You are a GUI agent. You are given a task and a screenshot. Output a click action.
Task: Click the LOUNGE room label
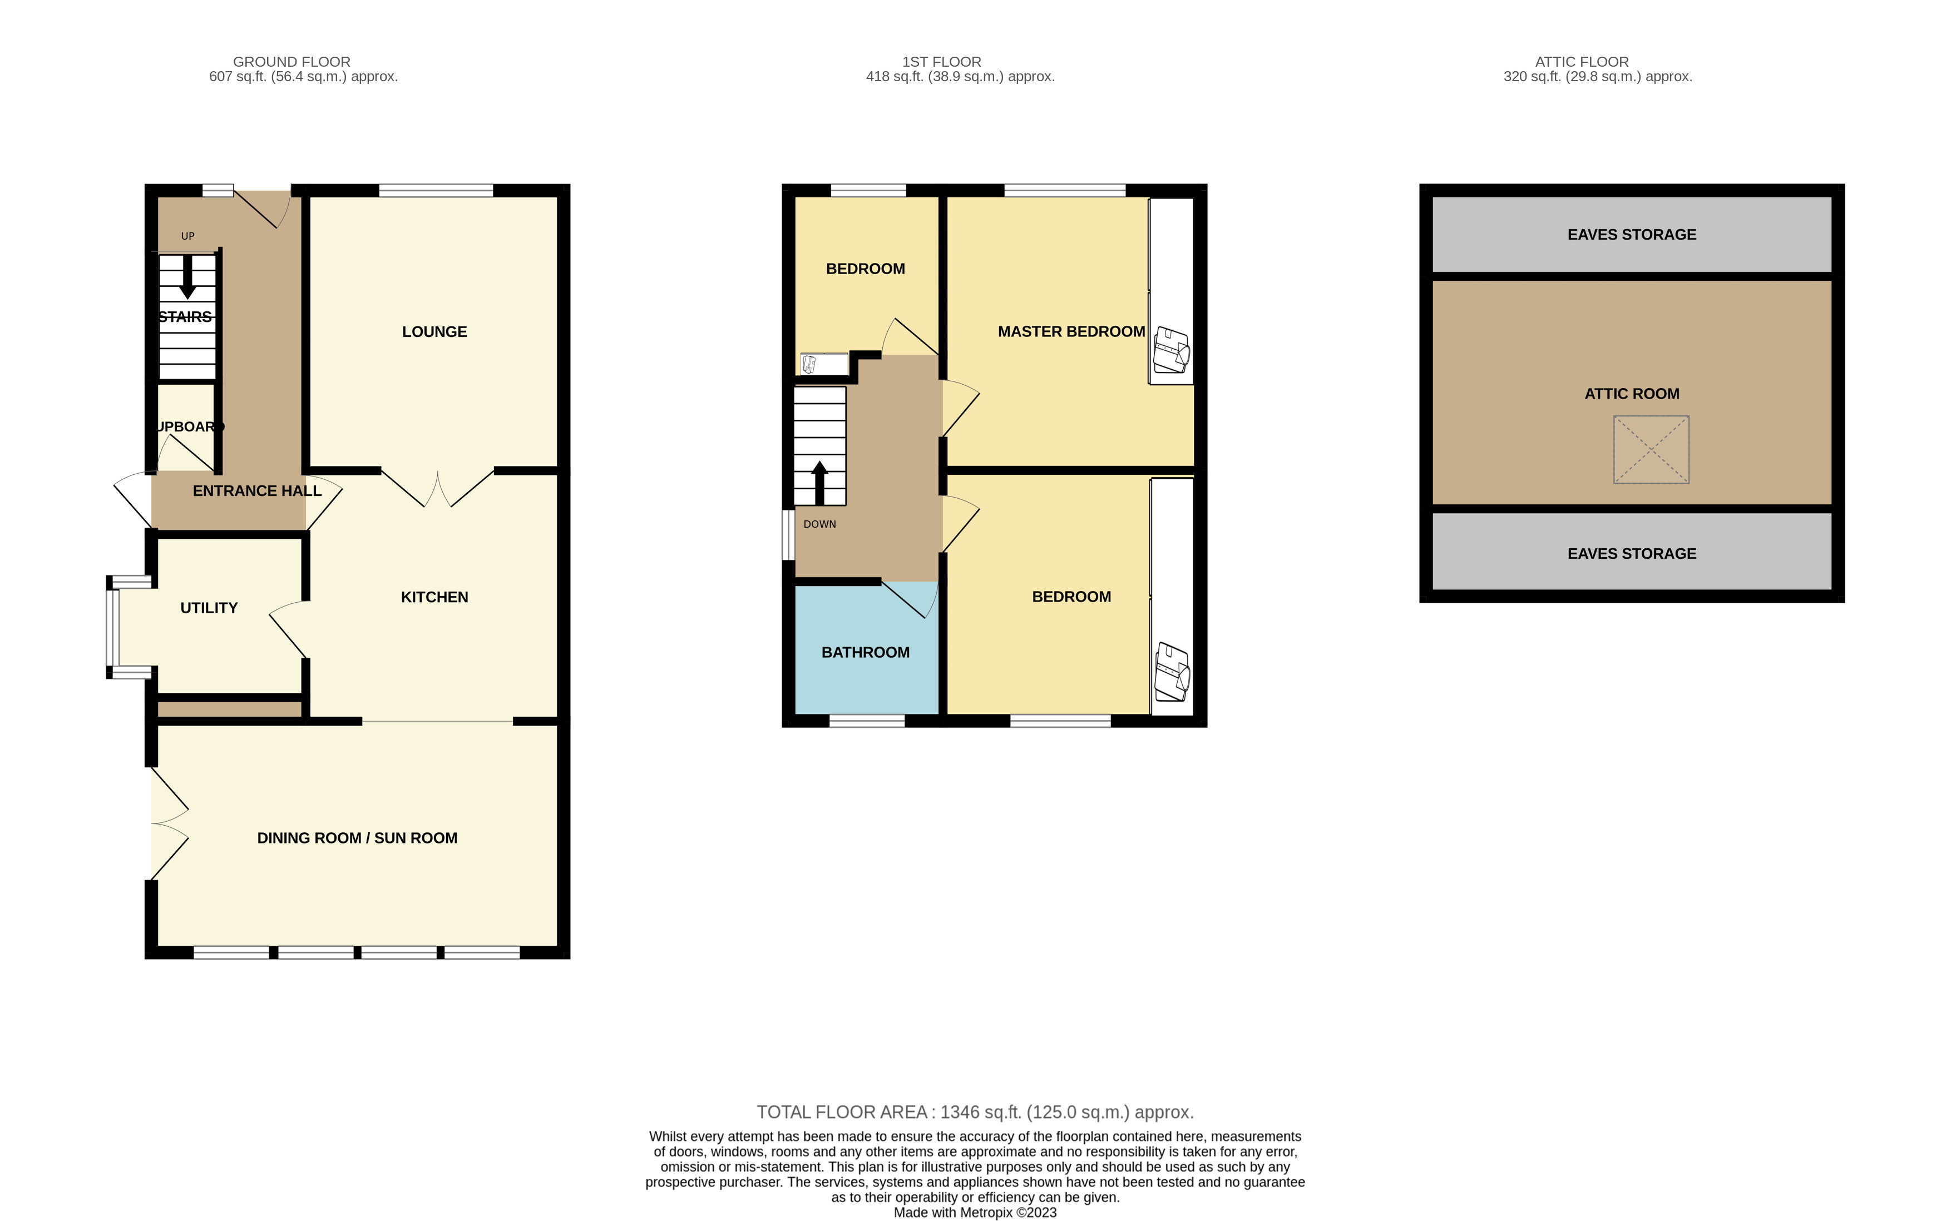pyautogui.click(x=434, y=332)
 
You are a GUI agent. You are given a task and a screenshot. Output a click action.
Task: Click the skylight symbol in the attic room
pyautogui.click(x=1651, y=450)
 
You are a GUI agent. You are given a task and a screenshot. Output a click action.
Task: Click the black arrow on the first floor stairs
pyautogui.click(x=819, y=483)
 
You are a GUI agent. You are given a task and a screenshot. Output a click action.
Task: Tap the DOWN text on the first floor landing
pyautogui.click(x=820, y=524)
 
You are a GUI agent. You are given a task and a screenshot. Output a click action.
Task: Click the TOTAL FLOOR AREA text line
pyautogui.click(x=975, y=1112)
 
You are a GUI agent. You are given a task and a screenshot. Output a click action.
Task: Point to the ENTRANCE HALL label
pyautogui.click(x=257, y=491)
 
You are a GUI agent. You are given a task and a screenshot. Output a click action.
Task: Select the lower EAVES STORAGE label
pyautogui.click(x=1632, y=554)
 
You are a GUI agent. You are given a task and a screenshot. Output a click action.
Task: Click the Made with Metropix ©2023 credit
pyautogui.click(x=975, y=1212)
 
